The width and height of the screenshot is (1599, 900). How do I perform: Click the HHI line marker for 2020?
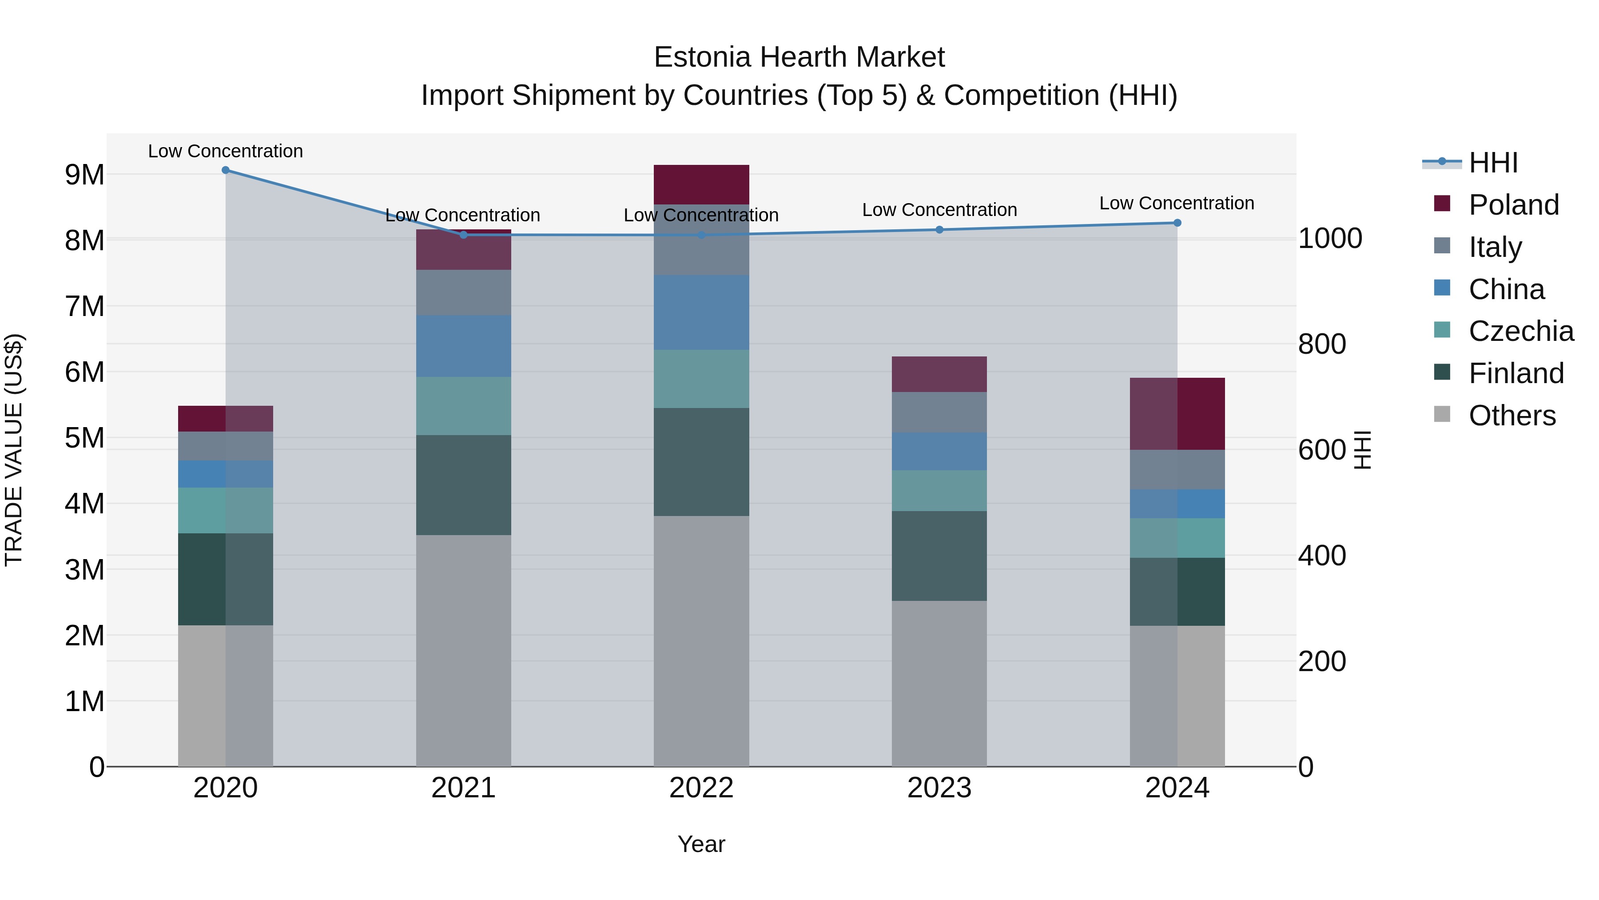click(225, 170)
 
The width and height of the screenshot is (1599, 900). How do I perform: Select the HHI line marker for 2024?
click(1177, 223)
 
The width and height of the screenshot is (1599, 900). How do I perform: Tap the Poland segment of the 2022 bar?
click(701, 184)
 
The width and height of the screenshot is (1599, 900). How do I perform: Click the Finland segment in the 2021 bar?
click(463, 485)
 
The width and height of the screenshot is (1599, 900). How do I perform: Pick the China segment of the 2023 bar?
click(939, 452)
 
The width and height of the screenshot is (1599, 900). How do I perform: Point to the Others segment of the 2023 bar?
click(939, 683)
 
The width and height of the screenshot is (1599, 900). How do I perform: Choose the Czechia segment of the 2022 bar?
click(701, 379)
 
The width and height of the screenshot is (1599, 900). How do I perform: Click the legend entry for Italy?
click(1495, 247)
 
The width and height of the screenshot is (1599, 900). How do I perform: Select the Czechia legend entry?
click(1521, 331)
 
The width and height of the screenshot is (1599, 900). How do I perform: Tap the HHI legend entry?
click(1493, 163)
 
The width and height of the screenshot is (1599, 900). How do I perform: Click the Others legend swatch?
click(1442, 414)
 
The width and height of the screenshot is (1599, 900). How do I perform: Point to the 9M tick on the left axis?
click(85, 175)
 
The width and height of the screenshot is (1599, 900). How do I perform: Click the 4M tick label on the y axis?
click(85, 504)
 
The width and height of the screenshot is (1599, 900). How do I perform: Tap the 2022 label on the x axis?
click(701, 788)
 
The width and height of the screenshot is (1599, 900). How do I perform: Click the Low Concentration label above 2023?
click(939, 210)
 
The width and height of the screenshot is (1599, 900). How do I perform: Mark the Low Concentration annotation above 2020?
click(225, 151)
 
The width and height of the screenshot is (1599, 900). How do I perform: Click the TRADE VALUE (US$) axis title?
click(14, 450)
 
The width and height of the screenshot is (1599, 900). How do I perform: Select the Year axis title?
click(701, 844)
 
